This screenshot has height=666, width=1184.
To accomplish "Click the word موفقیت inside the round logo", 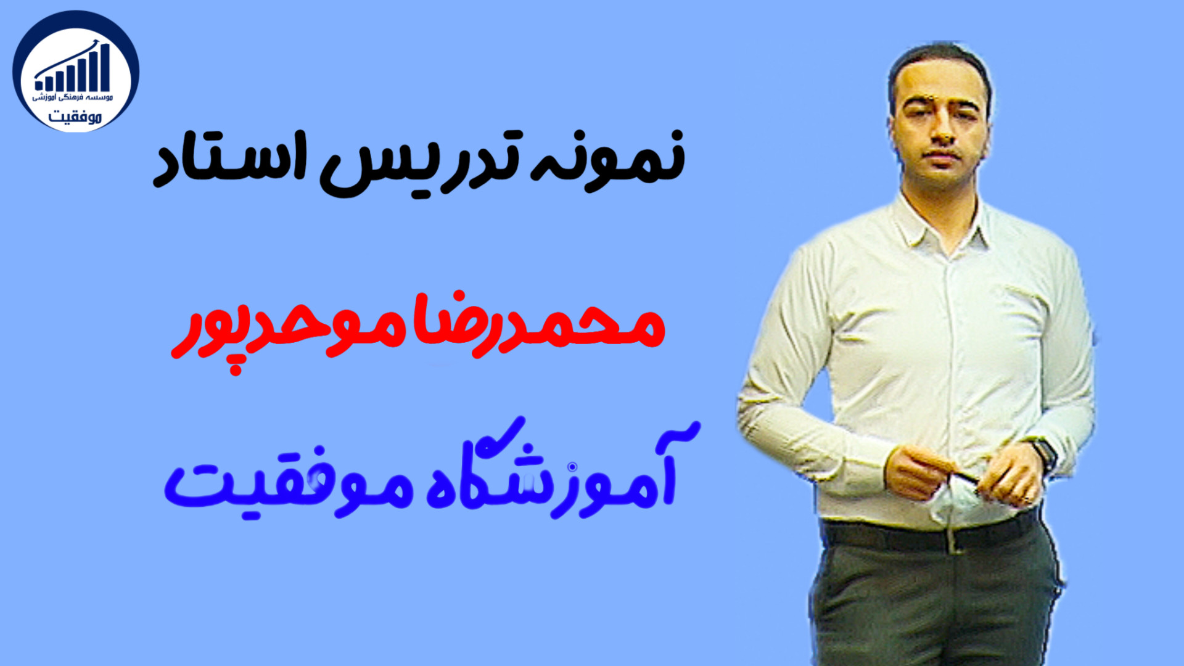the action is point(75,115).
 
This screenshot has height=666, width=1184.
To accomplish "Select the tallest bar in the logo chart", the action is point(104,68).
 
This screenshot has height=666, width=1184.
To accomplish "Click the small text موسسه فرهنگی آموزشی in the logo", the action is point(73,97).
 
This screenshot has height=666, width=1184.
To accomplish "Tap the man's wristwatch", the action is point(1044,454).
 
